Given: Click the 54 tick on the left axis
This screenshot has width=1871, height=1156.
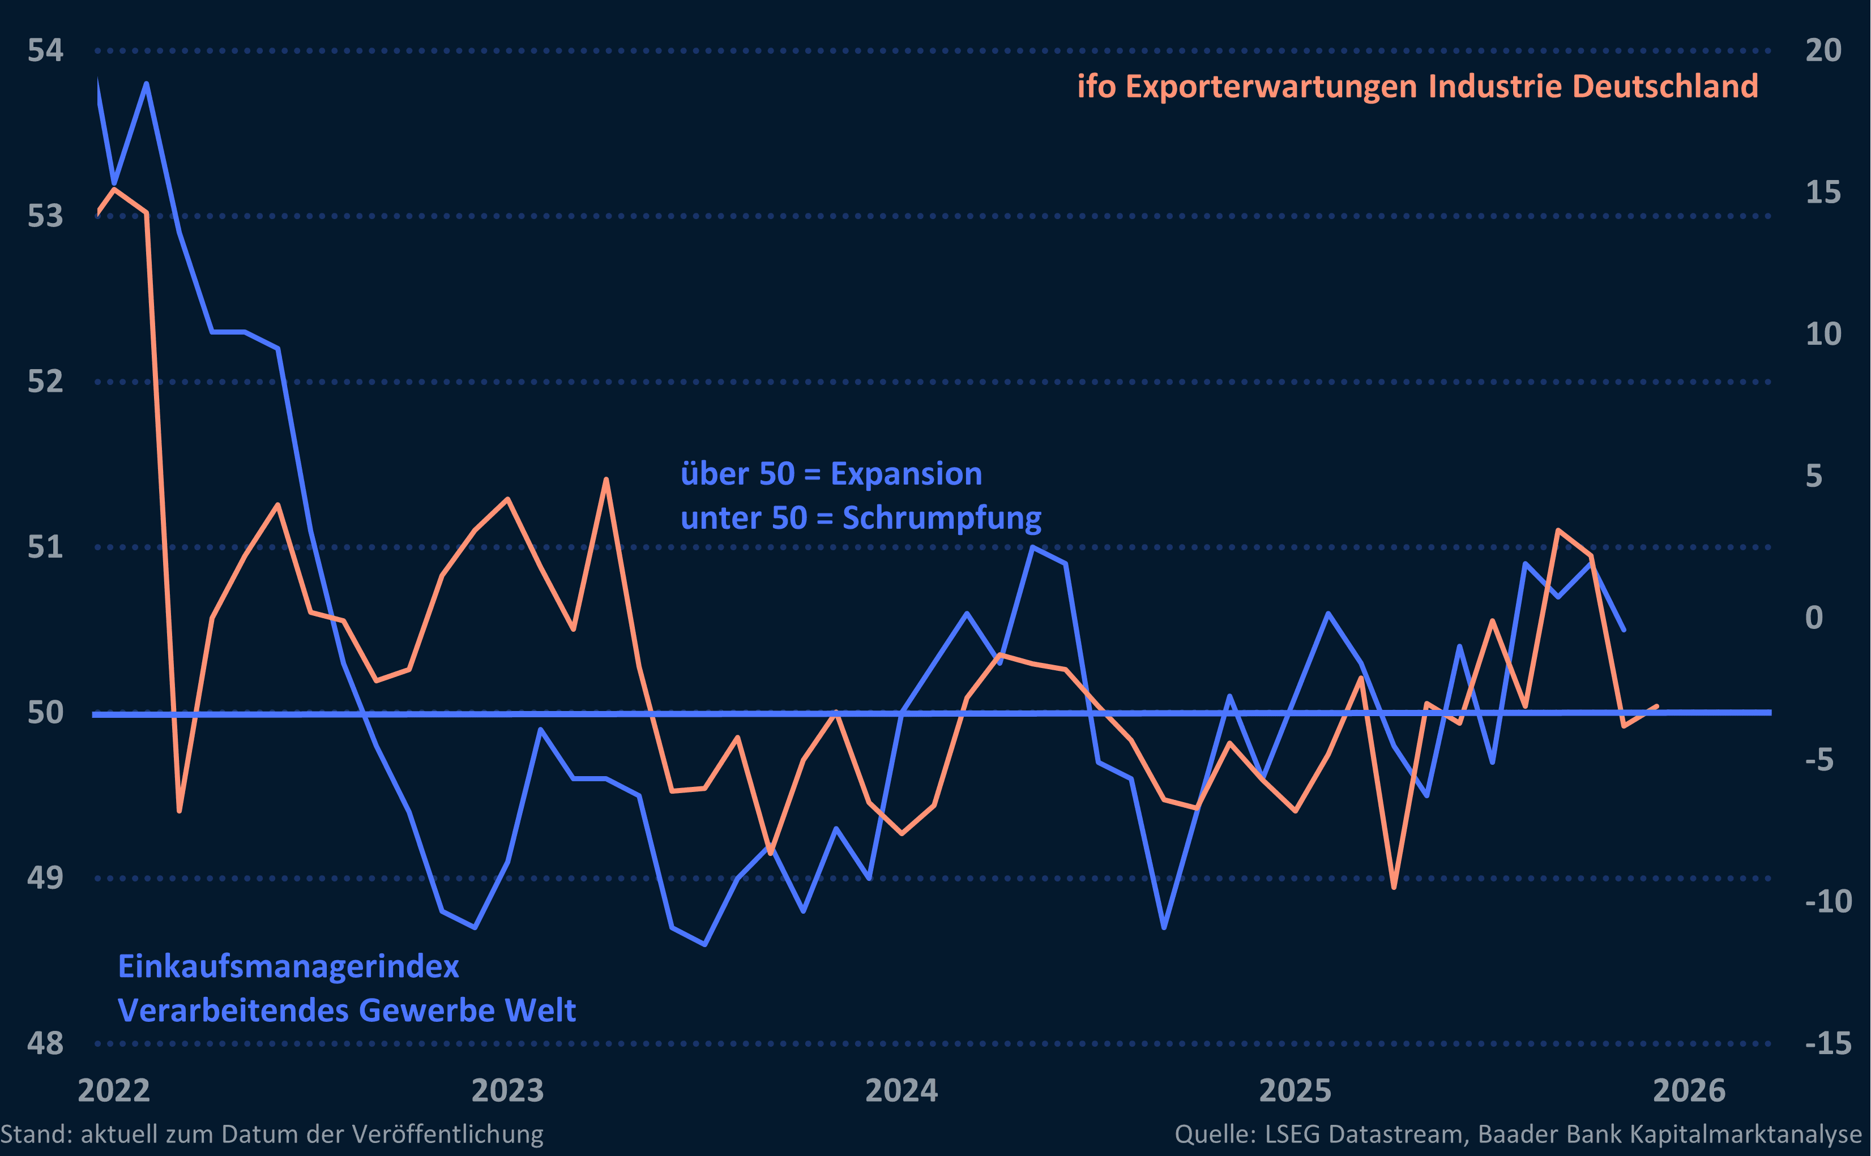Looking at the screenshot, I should (x=45, y=50).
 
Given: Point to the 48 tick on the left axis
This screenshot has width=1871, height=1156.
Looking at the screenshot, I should (x=45, y=1043).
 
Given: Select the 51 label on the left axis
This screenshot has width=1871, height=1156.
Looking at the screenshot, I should (x=45, y=547).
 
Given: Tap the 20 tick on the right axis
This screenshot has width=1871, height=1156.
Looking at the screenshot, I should (x=1823, y=50).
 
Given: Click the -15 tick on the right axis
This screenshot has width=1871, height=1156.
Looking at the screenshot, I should (x=1827, y=1043).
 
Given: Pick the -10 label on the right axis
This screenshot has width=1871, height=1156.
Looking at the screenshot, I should (x=1827, y=901).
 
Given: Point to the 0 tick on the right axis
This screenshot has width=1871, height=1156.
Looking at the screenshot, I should (x=1814, y=617).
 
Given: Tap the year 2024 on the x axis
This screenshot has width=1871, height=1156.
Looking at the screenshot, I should (x=901, y=1090).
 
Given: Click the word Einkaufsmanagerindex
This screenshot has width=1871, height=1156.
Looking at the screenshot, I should (x=288, y=966).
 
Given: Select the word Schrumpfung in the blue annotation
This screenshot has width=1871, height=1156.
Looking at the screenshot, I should (x=941, y=519).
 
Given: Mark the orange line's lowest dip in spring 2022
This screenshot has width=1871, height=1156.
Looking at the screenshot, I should (x=179, y=811).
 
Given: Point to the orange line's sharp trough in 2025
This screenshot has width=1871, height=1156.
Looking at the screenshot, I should (x=1394, y=887).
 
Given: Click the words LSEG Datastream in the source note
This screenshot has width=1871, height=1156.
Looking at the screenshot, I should (x=1365, y=1134).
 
